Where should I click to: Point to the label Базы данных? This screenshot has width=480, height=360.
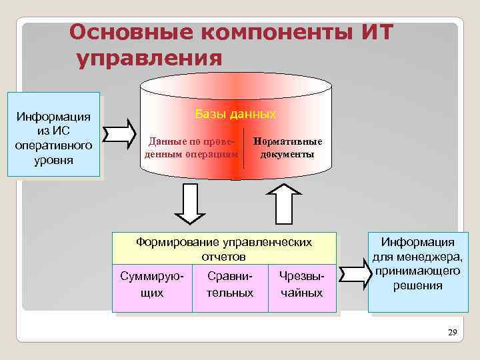235,114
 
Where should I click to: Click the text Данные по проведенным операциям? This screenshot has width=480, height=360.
191,148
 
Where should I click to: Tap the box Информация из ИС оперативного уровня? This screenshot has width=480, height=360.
53,133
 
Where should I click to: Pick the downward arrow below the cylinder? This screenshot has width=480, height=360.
191,203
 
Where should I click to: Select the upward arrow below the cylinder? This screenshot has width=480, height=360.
283,203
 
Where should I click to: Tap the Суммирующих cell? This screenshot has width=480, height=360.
153,284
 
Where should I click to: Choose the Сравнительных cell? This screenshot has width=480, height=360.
230,284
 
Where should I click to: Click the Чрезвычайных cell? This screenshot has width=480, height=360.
301,284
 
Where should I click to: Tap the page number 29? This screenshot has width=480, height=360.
453,332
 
